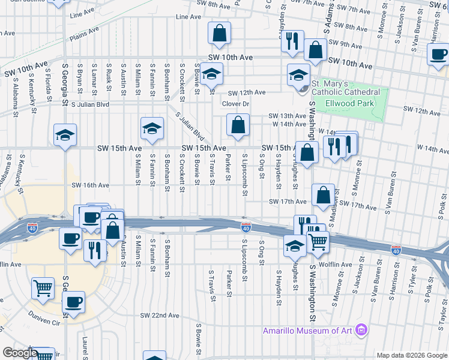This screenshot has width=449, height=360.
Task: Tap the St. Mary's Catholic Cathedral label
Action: point(345,88)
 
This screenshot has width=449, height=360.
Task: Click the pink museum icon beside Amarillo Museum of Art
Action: point(361,329)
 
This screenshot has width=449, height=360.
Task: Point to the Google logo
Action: point(20,353)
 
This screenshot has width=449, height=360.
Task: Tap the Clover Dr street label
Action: point(235,104)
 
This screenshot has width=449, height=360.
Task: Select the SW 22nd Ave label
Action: point(160,316)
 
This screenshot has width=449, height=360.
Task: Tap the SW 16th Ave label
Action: point(90,185)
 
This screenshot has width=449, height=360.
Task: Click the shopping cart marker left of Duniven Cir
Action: point(42,289)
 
